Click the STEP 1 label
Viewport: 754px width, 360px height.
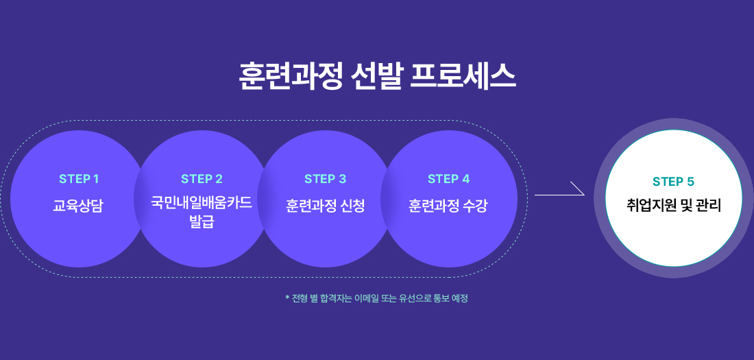coord(79,179)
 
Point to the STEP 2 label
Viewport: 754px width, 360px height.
coord(202,179)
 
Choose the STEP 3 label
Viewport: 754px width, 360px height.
coord(325,179)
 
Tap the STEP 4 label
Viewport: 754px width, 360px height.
coord(448,179)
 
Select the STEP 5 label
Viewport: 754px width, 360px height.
coord(673,182)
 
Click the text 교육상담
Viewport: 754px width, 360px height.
coord(78,206)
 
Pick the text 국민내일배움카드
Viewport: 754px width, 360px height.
coord(202,203)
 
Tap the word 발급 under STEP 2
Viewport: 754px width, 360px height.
coord(202,221)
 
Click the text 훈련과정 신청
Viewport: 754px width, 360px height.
coord(325,206)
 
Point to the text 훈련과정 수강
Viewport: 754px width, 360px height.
coord(448,206)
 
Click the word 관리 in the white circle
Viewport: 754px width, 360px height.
coord(709,205)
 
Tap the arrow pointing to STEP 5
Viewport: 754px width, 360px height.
coord(559,191)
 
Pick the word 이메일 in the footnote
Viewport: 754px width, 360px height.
coord(366,298)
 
